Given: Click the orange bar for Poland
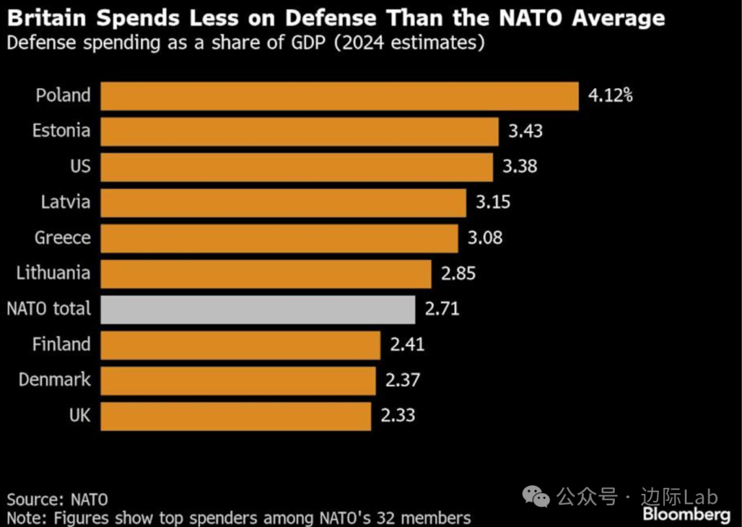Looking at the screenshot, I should (x=339, y=96).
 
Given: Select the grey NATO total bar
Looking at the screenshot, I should (x=258, y=309).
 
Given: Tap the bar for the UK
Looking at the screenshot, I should (x=236, y=416).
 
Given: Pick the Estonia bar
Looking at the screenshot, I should (x=300, y=131).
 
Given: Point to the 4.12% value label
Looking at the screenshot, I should (x=609, y=96).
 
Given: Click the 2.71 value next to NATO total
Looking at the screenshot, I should (x=442, y=309).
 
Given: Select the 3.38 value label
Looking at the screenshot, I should (x=519, y=167).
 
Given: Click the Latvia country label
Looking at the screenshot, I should (x=65, y=203).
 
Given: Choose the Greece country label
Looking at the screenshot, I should (x=63, y=238).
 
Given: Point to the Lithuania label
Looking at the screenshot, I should (x=54, y=273).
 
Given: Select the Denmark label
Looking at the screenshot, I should (x=55, y=380).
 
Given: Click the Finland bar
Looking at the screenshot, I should (x=240, y=345).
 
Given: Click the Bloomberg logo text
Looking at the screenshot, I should (x=686, y=515).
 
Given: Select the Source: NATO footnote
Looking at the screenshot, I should (x=58, y=499).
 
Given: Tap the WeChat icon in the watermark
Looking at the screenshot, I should (x=535, y=496).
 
